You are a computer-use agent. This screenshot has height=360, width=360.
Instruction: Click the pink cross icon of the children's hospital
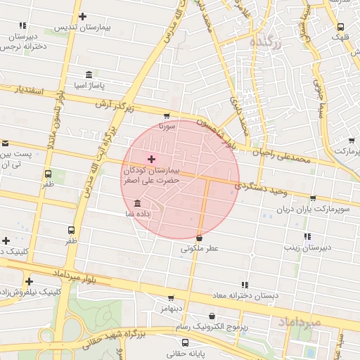pos(151,160)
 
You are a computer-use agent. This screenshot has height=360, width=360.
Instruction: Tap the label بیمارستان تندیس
pos(83,29)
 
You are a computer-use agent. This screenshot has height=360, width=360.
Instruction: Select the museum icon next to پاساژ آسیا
pos(88,75)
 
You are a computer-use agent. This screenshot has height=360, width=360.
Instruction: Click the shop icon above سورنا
pos(167,116)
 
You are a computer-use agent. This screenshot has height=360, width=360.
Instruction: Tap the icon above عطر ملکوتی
pos(200,238)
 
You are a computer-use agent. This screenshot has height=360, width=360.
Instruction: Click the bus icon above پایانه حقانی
pos(185,342)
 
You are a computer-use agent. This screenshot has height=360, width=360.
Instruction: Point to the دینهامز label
pos(170,309)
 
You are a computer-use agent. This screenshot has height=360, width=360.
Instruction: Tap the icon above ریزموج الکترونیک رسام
pos(212,316)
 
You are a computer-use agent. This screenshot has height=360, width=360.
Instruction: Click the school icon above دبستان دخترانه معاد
pos(245,285)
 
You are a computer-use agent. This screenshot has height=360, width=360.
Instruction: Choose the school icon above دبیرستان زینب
pos(307,237)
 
